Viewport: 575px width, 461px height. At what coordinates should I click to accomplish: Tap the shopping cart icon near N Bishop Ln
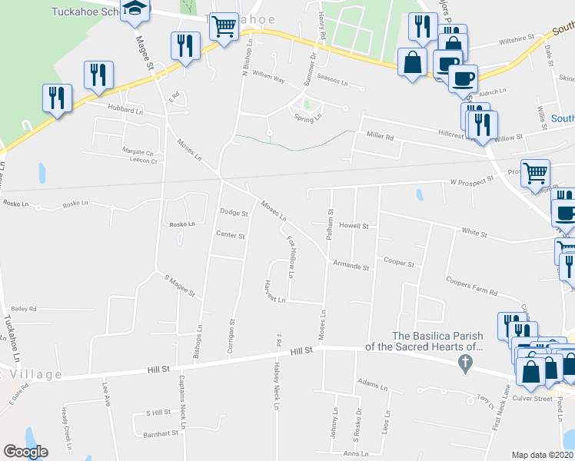[x=224, y=27]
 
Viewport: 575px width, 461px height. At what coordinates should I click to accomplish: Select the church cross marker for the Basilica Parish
[x=464, y=362]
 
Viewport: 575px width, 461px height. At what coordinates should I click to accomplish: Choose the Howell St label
[x=354, y=227]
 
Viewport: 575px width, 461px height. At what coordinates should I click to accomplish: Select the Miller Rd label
[x=380, y=136]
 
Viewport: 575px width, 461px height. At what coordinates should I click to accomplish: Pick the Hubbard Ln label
[x=125, y=111]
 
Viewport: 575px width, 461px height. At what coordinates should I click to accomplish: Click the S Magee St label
[x=180, y=285]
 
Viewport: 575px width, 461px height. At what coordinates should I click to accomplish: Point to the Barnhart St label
[x=161, y=433]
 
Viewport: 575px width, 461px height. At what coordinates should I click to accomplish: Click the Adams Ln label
[x=372, y=382]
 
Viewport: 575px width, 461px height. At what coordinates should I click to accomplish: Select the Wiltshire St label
[x=514, y=37]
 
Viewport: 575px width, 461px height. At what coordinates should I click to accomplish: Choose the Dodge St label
[x=234, y=213]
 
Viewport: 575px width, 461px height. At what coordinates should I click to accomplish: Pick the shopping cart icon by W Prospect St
[x=535, y=173]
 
